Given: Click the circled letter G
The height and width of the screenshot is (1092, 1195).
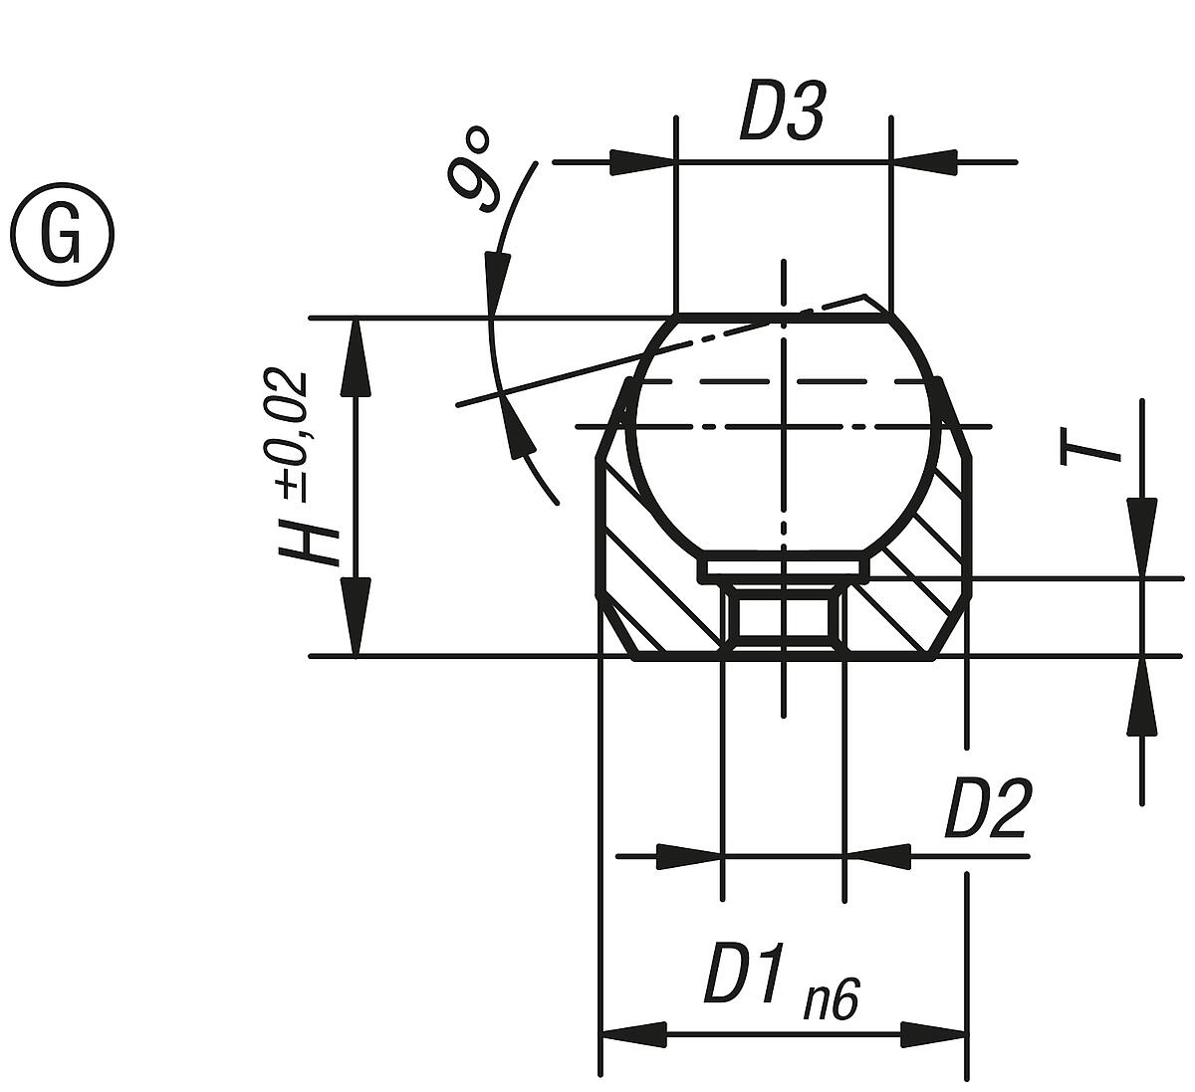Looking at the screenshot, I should click(x=63, y=236).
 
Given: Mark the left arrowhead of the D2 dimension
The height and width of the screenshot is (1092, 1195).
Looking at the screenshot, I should click(x=688, y=855).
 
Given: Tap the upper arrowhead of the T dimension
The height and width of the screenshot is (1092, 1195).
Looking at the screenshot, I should click(x=1142, y=538).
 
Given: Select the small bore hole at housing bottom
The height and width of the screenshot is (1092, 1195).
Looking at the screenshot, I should click(x=784, y=617).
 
